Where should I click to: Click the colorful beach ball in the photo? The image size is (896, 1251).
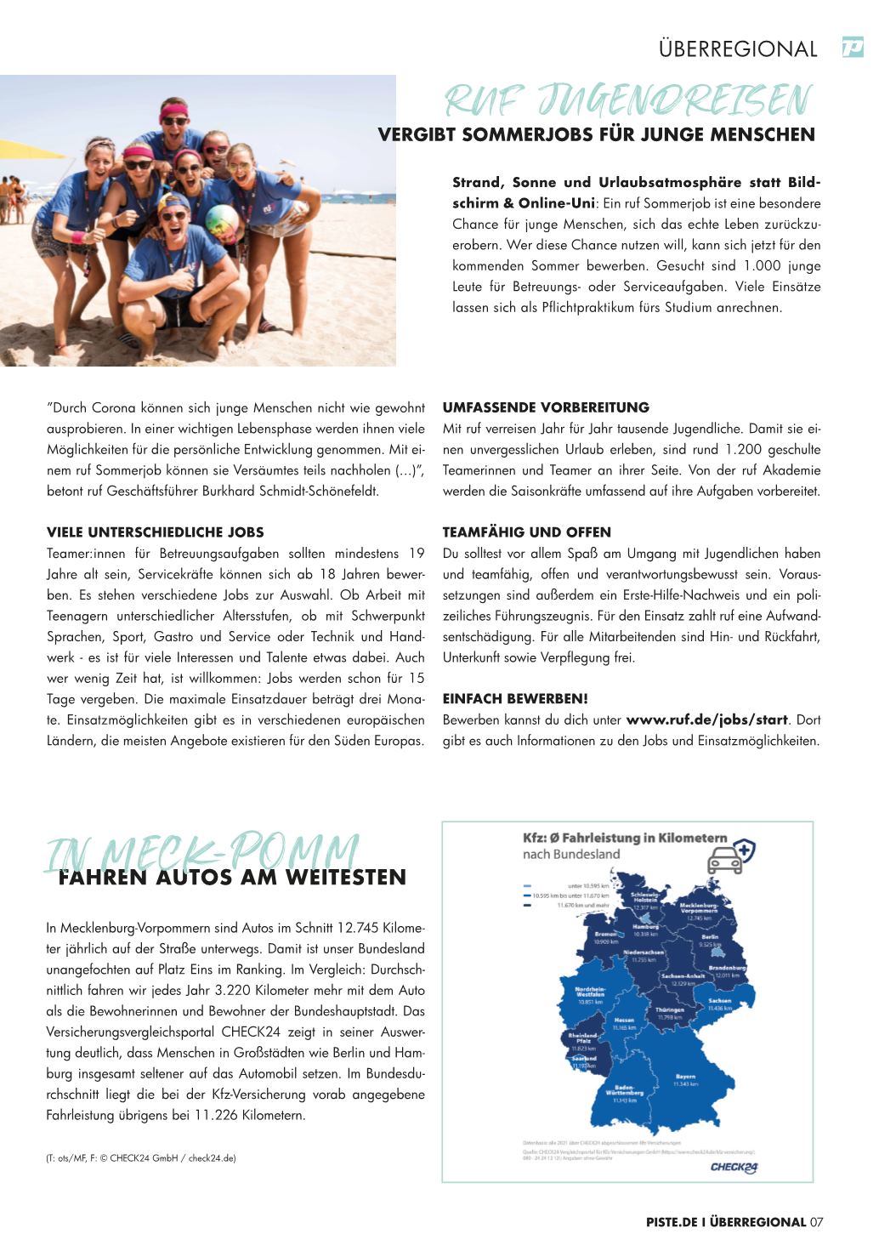222,224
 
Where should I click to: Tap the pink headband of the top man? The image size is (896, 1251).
173,109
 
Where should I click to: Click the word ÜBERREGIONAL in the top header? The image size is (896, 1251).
737,49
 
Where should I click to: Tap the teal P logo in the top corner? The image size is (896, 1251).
852,48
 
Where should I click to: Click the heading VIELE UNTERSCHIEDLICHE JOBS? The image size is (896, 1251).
156,532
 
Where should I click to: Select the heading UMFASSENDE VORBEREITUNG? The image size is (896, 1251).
546,407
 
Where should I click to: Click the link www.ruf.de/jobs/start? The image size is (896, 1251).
706,720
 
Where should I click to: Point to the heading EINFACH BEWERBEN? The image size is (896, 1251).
515,699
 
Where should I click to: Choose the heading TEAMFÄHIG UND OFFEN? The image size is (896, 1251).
526,532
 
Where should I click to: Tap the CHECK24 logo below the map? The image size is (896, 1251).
734,1167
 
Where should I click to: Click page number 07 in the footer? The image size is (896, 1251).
816,1222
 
